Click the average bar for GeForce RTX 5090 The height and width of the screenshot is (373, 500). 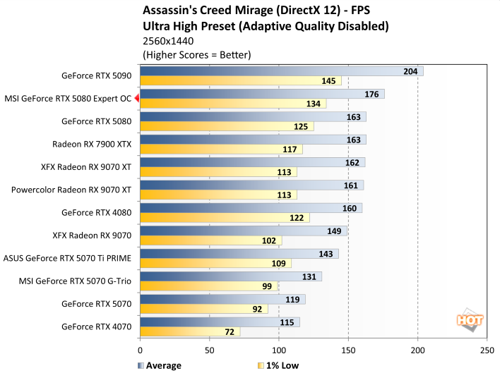[281, 71]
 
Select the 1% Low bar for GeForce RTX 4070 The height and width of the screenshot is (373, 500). [190, 331]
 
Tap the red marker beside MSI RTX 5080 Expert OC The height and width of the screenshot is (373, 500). [136, 99]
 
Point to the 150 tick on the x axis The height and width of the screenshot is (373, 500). [348, 350]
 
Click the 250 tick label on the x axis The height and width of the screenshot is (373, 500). [487, 350]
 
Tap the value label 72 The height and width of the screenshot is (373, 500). [230, 331]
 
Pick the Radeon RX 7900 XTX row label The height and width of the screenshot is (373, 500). [92, 144]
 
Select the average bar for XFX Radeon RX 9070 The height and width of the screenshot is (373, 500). [244, 231]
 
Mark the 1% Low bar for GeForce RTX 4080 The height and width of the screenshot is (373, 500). [225, 218]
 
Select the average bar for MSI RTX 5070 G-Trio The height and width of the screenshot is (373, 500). [231, 276]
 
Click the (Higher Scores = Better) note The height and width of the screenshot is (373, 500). [197, 54]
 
